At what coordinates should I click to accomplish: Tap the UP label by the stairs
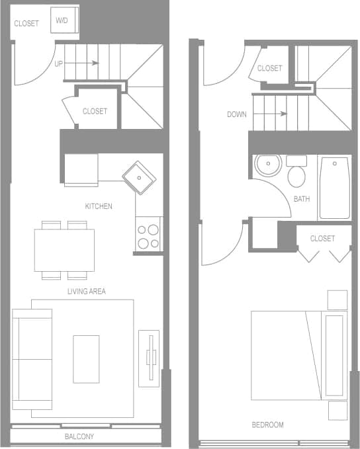click(x=59, y=63)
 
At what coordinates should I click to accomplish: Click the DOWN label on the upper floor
click(x=237, y=114)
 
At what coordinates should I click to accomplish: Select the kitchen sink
click(x=139, y=177)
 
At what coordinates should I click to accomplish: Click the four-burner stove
click(x=148, y=235)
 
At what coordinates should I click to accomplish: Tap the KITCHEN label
click(x=99, y=206)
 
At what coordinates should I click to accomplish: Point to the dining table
click(x=64, y=250)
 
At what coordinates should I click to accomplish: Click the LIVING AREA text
click(x=87, y=292)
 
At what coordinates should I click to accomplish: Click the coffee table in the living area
click(x=86, y=358)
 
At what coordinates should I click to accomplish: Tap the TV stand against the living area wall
click(x=149, y=358)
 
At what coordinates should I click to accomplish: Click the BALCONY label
click(x=79, y=436)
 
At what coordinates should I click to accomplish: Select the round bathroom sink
click(x=268, y=165)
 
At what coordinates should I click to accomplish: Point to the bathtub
click(x=335, y=188)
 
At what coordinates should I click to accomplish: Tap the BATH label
click(x=302, y=198)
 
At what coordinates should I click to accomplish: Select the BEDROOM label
click(x=268, y=425)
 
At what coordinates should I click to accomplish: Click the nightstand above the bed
click(x=337, y=300)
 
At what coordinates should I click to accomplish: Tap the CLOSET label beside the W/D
click(x=26, y=24)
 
